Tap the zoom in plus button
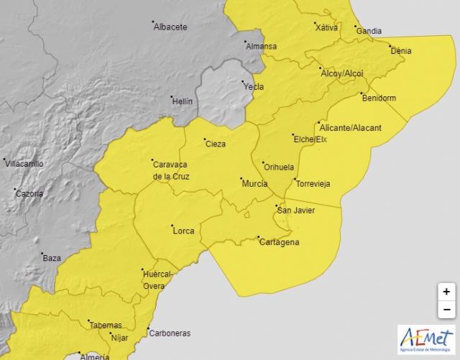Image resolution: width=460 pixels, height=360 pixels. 446,292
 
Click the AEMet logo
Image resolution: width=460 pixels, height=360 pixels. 425,340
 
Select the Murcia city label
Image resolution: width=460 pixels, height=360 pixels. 254,184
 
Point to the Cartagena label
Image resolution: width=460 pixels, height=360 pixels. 279,242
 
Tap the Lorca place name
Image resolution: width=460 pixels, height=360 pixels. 183,231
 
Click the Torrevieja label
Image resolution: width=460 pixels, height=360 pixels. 313,184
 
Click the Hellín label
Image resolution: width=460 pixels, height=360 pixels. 183,101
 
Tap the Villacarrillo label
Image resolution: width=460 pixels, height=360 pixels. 25,164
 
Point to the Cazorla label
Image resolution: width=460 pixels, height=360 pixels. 29,193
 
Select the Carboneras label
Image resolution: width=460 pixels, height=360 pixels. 170,333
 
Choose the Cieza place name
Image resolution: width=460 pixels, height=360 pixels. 216,144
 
